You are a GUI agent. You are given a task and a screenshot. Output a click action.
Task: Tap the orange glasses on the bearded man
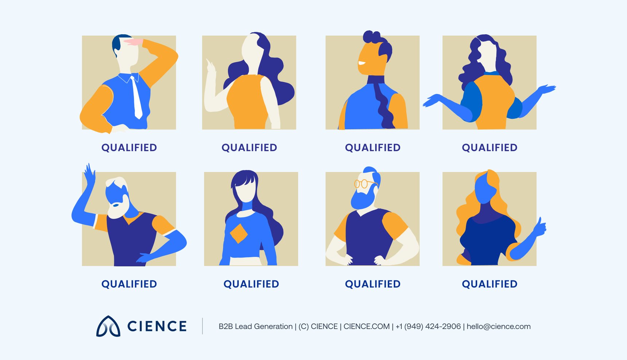tap(363, 183)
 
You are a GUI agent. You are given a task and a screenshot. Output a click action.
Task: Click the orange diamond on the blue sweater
tap(239, 233)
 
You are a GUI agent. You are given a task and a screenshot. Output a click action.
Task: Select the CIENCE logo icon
tap(108, 326)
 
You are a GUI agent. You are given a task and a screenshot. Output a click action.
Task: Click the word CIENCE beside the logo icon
tap(157, 326)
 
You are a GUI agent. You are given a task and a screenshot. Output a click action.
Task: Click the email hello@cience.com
tap(498, 326)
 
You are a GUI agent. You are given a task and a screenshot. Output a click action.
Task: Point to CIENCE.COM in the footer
tap(366, 326)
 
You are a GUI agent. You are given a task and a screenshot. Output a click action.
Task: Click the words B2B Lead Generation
tap(256, 326)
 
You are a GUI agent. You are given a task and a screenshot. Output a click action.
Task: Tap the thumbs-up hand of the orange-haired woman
tap(539, 227)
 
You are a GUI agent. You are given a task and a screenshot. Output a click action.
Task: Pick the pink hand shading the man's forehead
tap(133, 42)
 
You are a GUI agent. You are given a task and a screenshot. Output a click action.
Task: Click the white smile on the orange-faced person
tap(362, 63)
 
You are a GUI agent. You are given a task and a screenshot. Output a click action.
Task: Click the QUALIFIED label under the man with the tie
tap(129, 148)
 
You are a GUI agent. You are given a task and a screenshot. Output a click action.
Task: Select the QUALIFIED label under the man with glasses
tap(373, 284)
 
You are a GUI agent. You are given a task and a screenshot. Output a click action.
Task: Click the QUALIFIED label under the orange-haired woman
tap(490, 284)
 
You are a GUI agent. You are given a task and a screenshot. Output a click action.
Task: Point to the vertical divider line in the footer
tap(203, 326)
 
